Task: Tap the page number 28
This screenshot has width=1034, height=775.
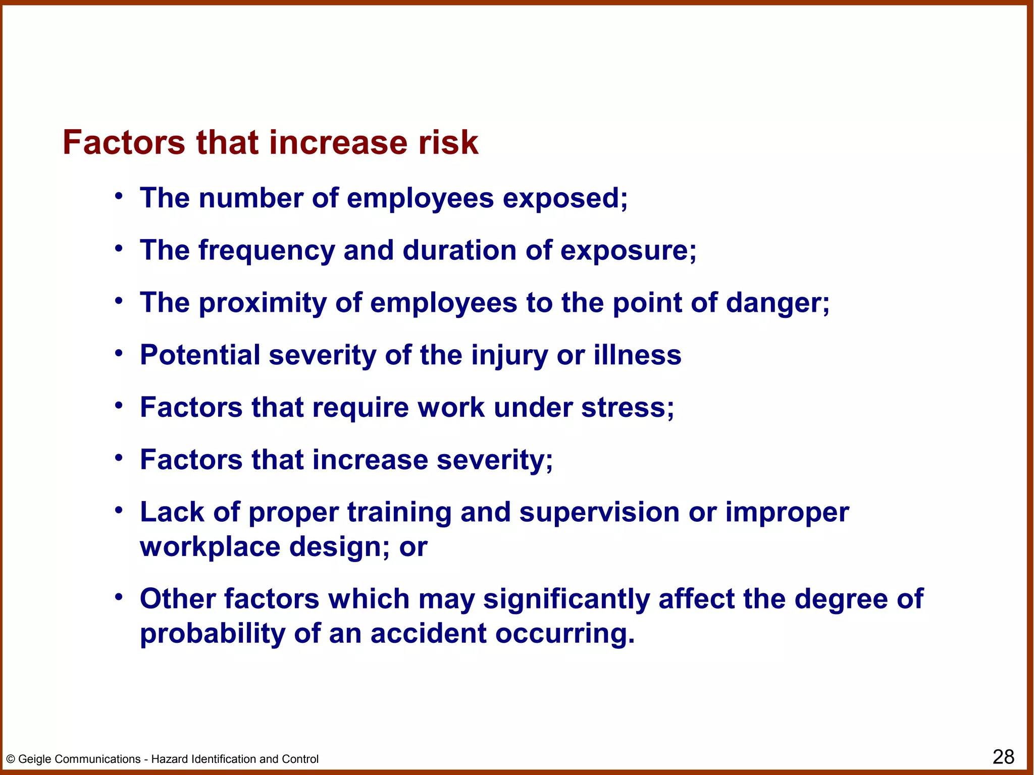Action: pos(1003,757)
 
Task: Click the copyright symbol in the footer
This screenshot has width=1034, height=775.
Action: pos(10,759)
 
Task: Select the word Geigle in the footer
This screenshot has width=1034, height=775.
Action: pos(34,759)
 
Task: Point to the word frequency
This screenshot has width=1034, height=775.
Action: pos(266,251)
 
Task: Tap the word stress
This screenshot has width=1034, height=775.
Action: pos(627,408)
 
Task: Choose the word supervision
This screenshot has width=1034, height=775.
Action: pos(599,512)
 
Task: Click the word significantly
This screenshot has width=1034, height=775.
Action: pos(566,599)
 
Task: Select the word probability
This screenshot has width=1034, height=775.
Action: pos(212,634)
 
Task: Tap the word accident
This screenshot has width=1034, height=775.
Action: pos(428,634)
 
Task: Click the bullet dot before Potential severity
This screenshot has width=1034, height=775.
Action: pos(119,353)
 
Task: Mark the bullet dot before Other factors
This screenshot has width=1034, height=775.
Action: pos(119,597)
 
